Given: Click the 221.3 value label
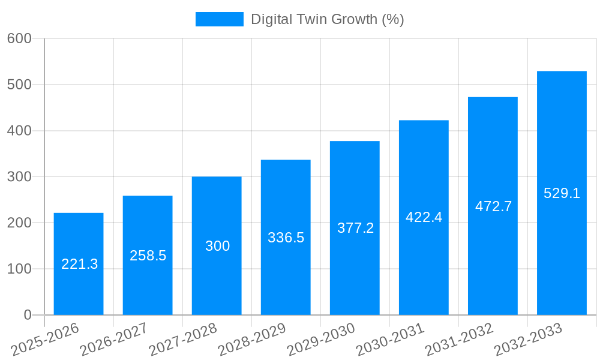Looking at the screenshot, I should [79, 264].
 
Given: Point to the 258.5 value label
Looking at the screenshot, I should [148, 256].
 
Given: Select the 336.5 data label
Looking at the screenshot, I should [286, 238].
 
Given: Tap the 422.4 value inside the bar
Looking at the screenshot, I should [424, 217].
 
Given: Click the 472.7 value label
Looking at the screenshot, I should [493, 206].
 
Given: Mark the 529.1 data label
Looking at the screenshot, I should [562, 193].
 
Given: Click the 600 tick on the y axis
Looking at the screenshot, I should [19, 38].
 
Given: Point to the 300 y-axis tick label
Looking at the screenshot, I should [19, 177].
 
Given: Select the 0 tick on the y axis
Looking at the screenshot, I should [27, 315].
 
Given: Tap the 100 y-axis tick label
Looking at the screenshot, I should [19, 269].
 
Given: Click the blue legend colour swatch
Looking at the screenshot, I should [219, 19].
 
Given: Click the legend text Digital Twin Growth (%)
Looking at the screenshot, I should [327, 19].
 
